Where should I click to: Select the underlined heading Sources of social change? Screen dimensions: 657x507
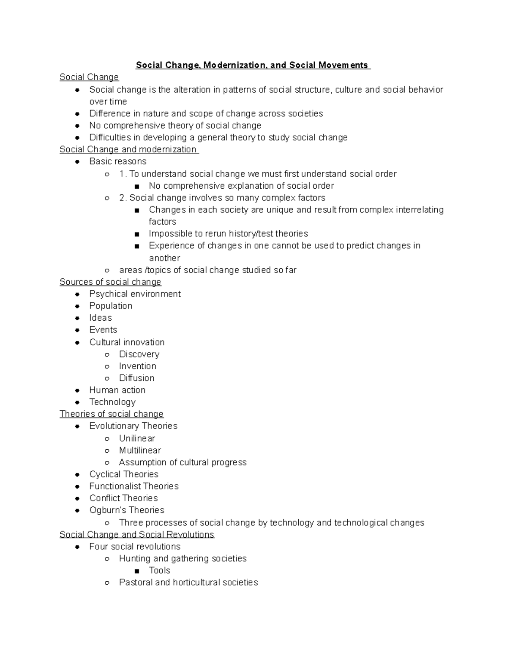pyautogui.click(x=110, y=282)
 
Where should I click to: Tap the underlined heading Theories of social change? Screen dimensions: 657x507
pyautogui.click(x=112, y=414)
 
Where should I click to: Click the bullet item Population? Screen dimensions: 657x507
pyautogui.click(x=111, y=306)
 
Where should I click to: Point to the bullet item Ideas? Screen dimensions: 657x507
pyautogui.click(x=101, y=318)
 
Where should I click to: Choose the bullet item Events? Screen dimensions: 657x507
pyautogui.click(x=103, y=330)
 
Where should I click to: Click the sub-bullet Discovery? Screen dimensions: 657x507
pyautogui.click(x=139, y=354)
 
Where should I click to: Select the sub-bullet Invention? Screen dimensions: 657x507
pyautogui.click(x=137, y=366)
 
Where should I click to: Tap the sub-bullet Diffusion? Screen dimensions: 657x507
pyautogui.click(x=136, y=378)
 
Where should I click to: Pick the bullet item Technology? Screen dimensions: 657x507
pyautogui.click(x=112, y=402)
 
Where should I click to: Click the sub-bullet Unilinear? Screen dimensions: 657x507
pyautogui.click(x=137, y=438)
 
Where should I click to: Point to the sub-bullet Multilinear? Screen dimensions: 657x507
pyautogui.click(x=140, y=450)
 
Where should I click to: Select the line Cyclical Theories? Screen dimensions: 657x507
pyautogui.click(x=124, y=474)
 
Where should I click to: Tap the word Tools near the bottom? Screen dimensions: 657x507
pyautogui.click(x=159, y=570)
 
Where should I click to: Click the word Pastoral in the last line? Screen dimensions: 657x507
pyautogui.click(x=136, y=583)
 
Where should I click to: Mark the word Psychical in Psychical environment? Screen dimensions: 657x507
pyautogui.click(x=106, y=294)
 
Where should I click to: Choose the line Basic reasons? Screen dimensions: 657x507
pyautogui.click(x=118, y=161)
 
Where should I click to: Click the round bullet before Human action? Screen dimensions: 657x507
pyautogui.click(x=77, y=390)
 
